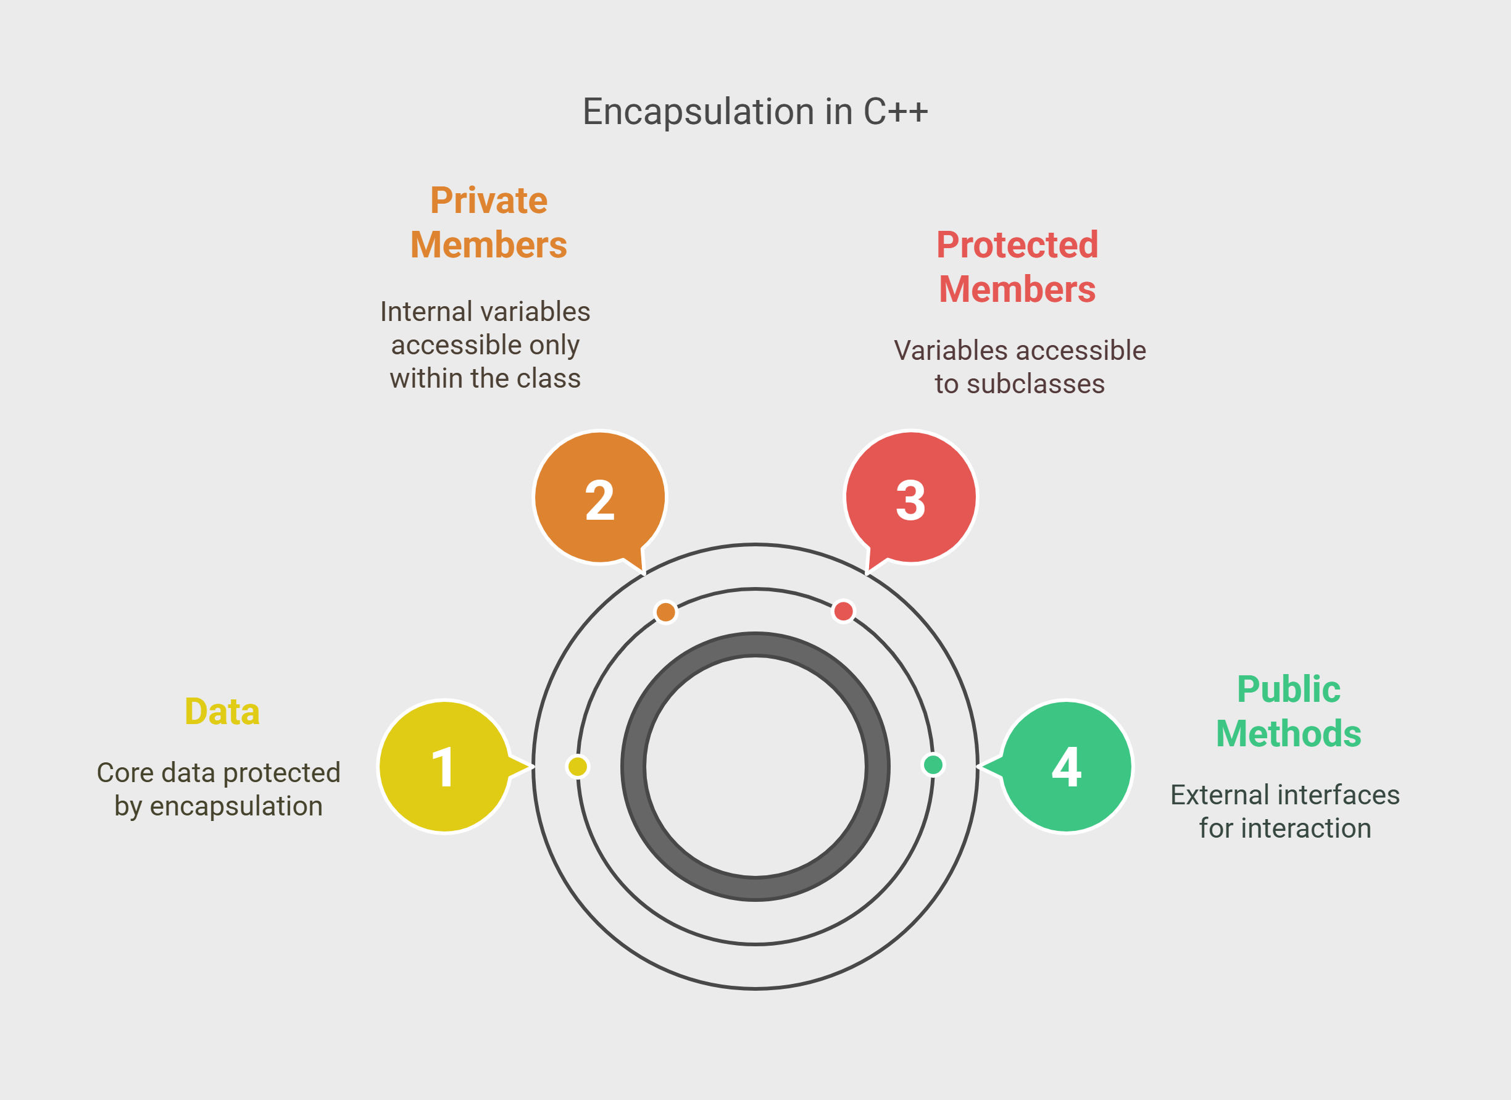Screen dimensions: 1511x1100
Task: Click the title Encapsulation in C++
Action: point(755,111)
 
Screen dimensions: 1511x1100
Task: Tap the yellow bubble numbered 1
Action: point(445,766)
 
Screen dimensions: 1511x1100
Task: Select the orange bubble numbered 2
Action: point(599,497)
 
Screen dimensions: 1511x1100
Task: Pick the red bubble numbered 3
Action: point(910,497)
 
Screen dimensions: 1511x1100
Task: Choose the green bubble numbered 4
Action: point(1067,766)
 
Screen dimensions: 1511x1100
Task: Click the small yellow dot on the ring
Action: point(578,767)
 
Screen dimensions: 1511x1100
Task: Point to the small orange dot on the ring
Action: point(665,612)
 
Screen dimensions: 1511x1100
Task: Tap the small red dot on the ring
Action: point(843,611)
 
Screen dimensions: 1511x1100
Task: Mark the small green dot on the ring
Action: point(933,765)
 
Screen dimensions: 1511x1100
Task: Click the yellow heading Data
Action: point(222,712)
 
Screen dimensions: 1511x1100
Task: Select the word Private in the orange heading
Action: point(488,201)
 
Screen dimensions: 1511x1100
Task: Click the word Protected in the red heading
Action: point(1017,244)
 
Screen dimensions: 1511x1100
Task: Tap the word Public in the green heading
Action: point(1288,689)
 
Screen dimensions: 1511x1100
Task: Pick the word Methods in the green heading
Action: point(1288,733)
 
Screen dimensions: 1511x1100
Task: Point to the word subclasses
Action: point(1036,384)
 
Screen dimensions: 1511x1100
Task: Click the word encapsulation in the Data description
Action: point(236,807)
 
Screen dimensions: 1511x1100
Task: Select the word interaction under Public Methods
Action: point(1306,828)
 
